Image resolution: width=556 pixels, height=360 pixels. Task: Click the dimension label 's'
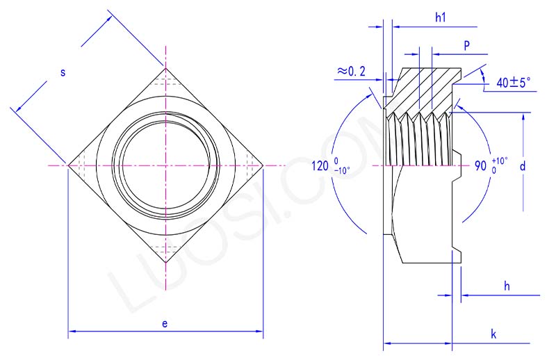click(x=62, y=72)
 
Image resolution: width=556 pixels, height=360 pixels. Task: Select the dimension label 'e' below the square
click(x=165, y=323)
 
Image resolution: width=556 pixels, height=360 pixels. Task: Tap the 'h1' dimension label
click(x=440, y=17)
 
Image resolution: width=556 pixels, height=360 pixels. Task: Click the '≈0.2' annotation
click(x=352, y=72)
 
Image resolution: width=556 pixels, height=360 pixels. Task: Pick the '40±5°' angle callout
click(x=513, y=82)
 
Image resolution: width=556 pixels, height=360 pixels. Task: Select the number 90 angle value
click(x=480, y=167)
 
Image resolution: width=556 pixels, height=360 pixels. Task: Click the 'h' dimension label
click(x=507, y=286)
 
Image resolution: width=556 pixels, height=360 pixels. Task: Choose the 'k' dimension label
click(x=493, y=334)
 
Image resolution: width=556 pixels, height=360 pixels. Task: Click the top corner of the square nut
click(x=165, y=67)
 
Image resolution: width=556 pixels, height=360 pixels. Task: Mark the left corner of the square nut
click(x=67, y=165)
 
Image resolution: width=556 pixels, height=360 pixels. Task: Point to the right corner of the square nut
click(x=263, y=165)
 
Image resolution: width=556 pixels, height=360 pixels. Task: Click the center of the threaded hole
click(x=165, y=165)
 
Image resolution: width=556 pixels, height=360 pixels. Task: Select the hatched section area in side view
click(x=424, y=87)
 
